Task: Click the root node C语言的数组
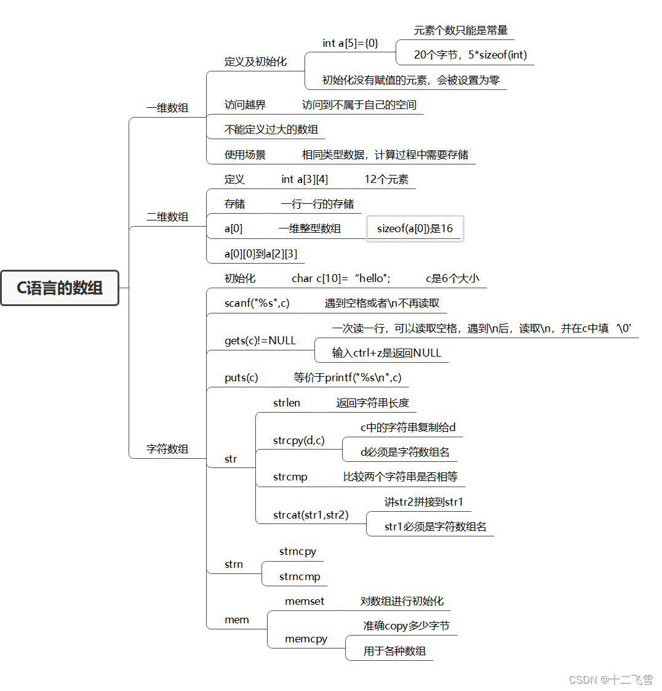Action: coord(60,288)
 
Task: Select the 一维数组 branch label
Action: coord(167,108)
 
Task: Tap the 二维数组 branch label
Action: coord(167,217)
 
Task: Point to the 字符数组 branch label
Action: coord(167,449)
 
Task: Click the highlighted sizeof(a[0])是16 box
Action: coord(415,228)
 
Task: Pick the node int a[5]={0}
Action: coord(350,43)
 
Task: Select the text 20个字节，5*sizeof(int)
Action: coord(470,55)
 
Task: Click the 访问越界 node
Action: coord(245,105)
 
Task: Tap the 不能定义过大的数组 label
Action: coord(271,129)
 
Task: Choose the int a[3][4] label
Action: coord(305,179)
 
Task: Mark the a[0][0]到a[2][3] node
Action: coord(261,254)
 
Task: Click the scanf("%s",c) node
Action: coord(257,303)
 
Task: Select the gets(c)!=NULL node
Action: coord(260,341)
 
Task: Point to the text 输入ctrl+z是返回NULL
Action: coord(386,353)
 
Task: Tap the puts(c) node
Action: coord(241,378)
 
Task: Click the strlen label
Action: coord(287,403)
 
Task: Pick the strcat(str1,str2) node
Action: coord(311,514)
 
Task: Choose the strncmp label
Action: coord(300,576)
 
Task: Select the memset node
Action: coord(305,601)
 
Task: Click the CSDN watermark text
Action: coord(610,679)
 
